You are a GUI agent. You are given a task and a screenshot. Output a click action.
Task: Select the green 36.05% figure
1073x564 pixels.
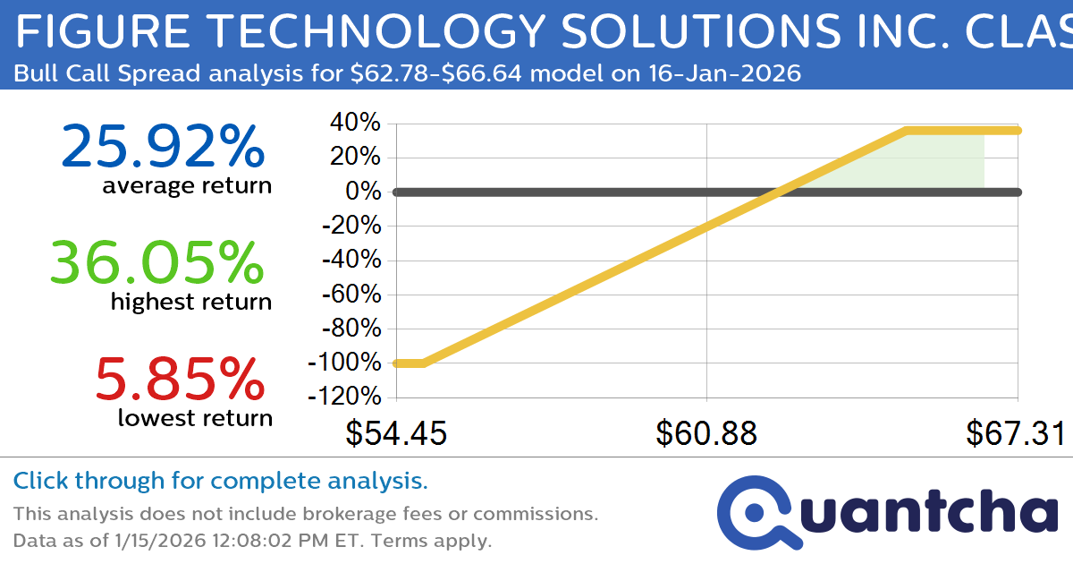(x=156, y=262)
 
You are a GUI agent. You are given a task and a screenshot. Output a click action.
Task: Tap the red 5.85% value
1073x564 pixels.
(x=179, y=379)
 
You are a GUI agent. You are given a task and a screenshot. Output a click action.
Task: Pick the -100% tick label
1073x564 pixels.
(x=344, y=363)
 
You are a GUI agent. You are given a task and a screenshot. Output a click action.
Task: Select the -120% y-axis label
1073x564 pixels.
(x=344, y=397)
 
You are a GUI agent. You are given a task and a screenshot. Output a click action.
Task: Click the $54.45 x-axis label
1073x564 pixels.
(x=396, y=434)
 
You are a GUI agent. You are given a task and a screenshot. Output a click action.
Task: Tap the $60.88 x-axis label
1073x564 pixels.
(x=706, y=434)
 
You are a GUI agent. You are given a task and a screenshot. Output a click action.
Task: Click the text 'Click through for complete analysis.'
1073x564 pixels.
(x=220, y=482)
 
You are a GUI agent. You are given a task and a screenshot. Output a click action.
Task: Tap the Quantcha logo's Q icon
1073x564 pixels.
(x=756, y=510)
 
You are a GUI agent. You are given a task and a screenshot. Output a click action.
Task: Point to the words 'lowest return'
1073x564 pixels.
(x=195, y=417)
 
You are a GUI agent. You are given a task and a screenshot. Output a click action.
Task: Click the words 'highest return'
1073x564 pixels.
(x=190, y=302)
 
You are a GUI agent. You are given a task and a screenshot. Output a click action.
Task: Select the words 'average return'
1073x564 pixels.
(x=186, y=185)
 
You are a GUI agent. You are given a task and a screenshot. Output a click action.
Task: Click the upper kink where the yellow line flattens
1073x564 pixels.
(x=906, y=131)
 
